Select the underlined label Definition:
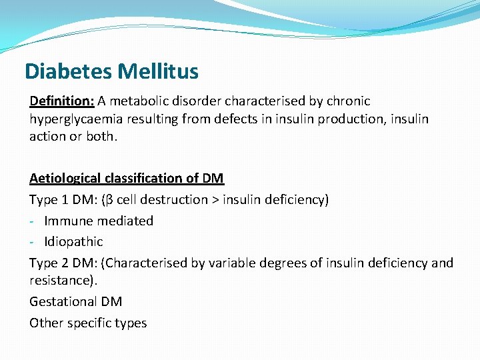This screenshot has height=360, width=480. [x=61, y=101]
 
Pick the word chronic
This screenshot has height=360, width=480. [x=347, y=101]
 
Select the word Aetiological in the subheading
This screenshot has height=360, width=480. [x=65, y=178]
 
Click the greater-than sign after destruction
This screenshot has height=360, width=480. [x=217, y=199]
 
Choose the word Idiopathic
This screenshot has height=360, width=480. [x=73, y=241]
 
